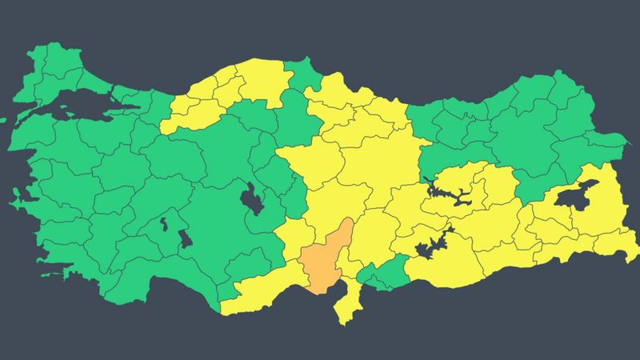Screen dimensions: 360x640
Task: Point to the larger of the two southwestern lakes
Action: pyautogui.click(x=185, y=238)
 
